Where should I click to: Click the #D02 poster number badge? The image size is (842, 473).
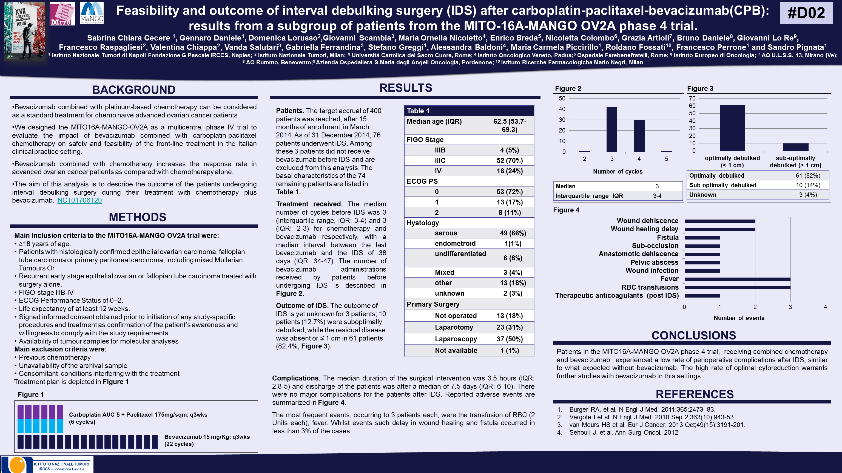click(806, 13)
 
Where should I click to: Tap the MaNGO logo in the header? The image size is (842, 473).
click(92, 13)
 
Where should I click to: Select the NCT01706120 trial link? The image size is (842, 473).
click(79, 200)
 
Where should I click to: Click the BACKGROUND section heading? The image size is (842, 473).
click(134, 90)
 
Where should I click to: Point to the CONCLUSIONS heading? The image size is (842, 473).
click(694, 335)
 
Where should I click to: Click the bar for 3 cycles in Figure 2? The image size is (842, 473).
click(611, 129)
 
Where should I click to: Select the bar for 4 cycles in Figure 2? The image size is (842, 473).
click(639, 135)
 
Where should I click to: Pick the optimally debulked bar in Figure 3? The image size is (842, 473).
click(732, 128)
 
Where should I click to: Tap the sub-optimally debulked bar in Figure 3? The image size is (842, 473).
click(796, 147)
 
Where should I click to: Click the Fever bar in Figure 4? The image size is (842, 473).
click(737, 279)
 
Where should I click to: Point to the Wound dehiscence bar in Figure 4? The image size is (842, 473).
click(720, 221)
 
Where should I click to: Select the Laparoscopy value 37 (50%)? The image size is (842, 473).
click(510, 339)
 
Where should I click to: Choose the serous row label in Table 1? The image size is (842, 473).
click(446, 233)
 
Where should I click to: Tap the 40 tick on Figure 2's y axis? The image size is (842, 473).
click(562, 109)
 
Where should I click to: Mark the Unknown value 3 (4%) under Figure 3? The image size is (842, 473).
click(808, 195)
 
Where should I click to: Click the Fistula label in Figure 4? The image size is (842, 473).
click(667, 237)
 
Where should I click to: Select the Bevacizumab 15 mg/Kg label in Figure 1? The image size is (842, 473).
click(207, 437)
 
